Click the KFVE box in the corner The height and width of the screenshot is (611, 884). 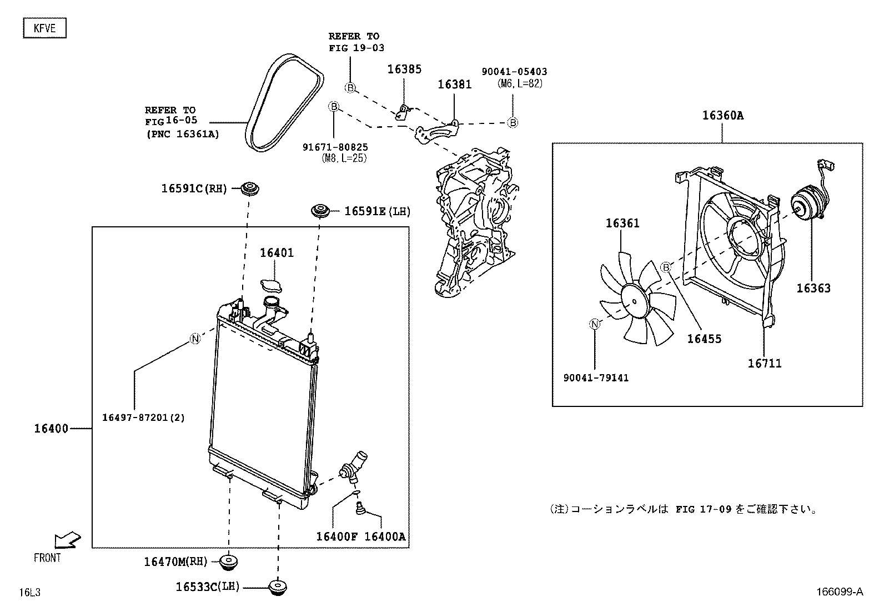click(x=44, y=28)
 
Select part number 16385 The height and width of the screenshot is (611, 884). click(x=404, y=69)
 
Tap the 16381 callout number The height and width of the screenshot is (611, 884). click(x=454, y=85)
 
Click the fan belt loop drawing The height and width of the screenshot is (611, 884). click(x=284, y=103)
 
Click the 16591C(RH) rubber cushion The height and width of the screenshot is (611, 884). click(x=250, y=188)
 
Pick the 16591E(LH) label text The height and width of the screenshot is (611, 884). click(x=377, y=211)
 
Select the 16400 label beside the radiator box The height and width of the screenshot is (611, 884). click(x=51, y=429)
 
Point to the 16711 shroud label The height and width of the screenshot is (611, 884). click(x=764, y=364)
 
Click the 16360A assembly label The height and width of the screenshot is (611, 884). click(x=722, y=116)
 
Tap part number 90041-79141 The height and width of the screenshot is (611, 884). click(x=595, y=378)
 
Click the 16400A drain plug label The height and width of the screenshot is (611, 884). click(x=385, y=537)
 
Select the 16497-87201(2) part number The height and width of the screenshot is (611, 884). click(x=143, y=417)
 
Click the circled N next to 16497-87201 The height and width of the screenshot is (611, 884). click(x=195, y=339)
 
